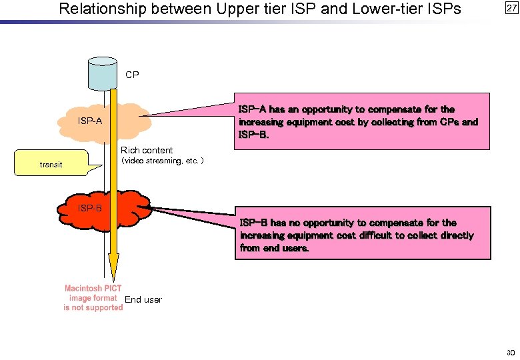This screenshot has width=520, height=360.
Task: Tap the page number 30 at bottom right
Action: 511,352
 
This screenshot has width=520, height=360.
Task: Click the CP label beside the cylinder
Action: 132,75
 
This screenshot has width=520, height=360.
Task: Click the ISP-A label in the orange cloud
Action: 89,121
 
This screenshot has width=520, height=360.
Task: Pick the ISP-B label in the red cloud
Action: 89,208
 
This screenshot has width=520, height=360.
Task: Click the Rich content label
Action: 147,150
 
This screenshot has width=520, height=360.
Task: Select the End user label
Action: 143,299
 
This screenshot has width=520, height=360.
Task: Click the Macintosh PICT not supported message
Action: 93,298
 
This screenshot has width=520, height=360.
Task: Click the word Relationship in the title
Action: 99,9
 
